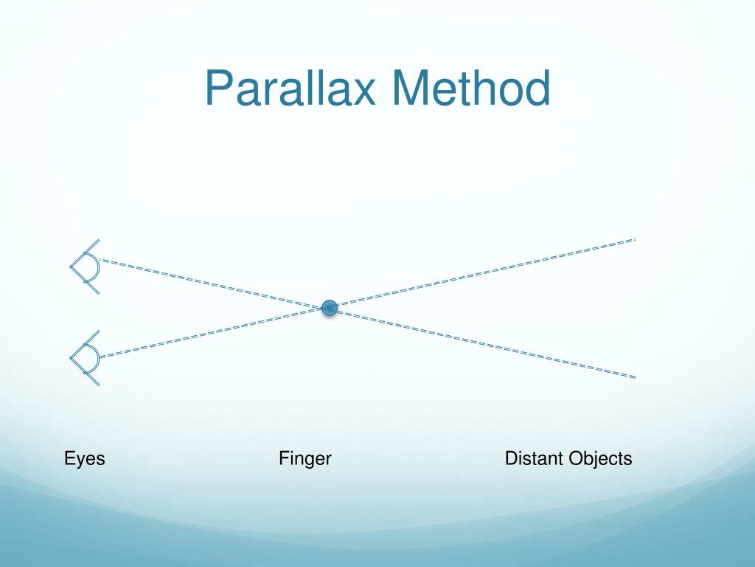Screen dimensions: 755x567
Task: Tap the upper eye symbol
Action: point(86,267)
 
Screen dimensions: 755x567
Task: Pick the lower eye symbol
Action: point(86,359)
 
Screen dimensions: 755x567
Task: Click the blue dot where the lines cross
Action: point(330,307)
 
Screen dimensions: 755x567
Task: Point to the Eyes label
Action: point(85,458)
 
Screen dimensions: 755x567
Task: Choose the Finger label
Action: point(305,458)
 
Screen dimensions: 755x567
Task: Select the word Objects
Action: point(601,458)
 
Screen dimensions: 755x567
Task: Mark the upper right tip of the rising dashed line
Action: point(634,239)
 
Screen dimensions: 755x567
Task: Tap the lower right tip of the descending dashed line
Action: point(635,377)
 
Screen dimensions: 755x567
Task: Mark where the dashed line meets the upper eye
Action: point(100,260)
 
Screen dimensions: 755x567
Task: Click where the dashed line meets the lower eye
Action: point(100,357)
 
